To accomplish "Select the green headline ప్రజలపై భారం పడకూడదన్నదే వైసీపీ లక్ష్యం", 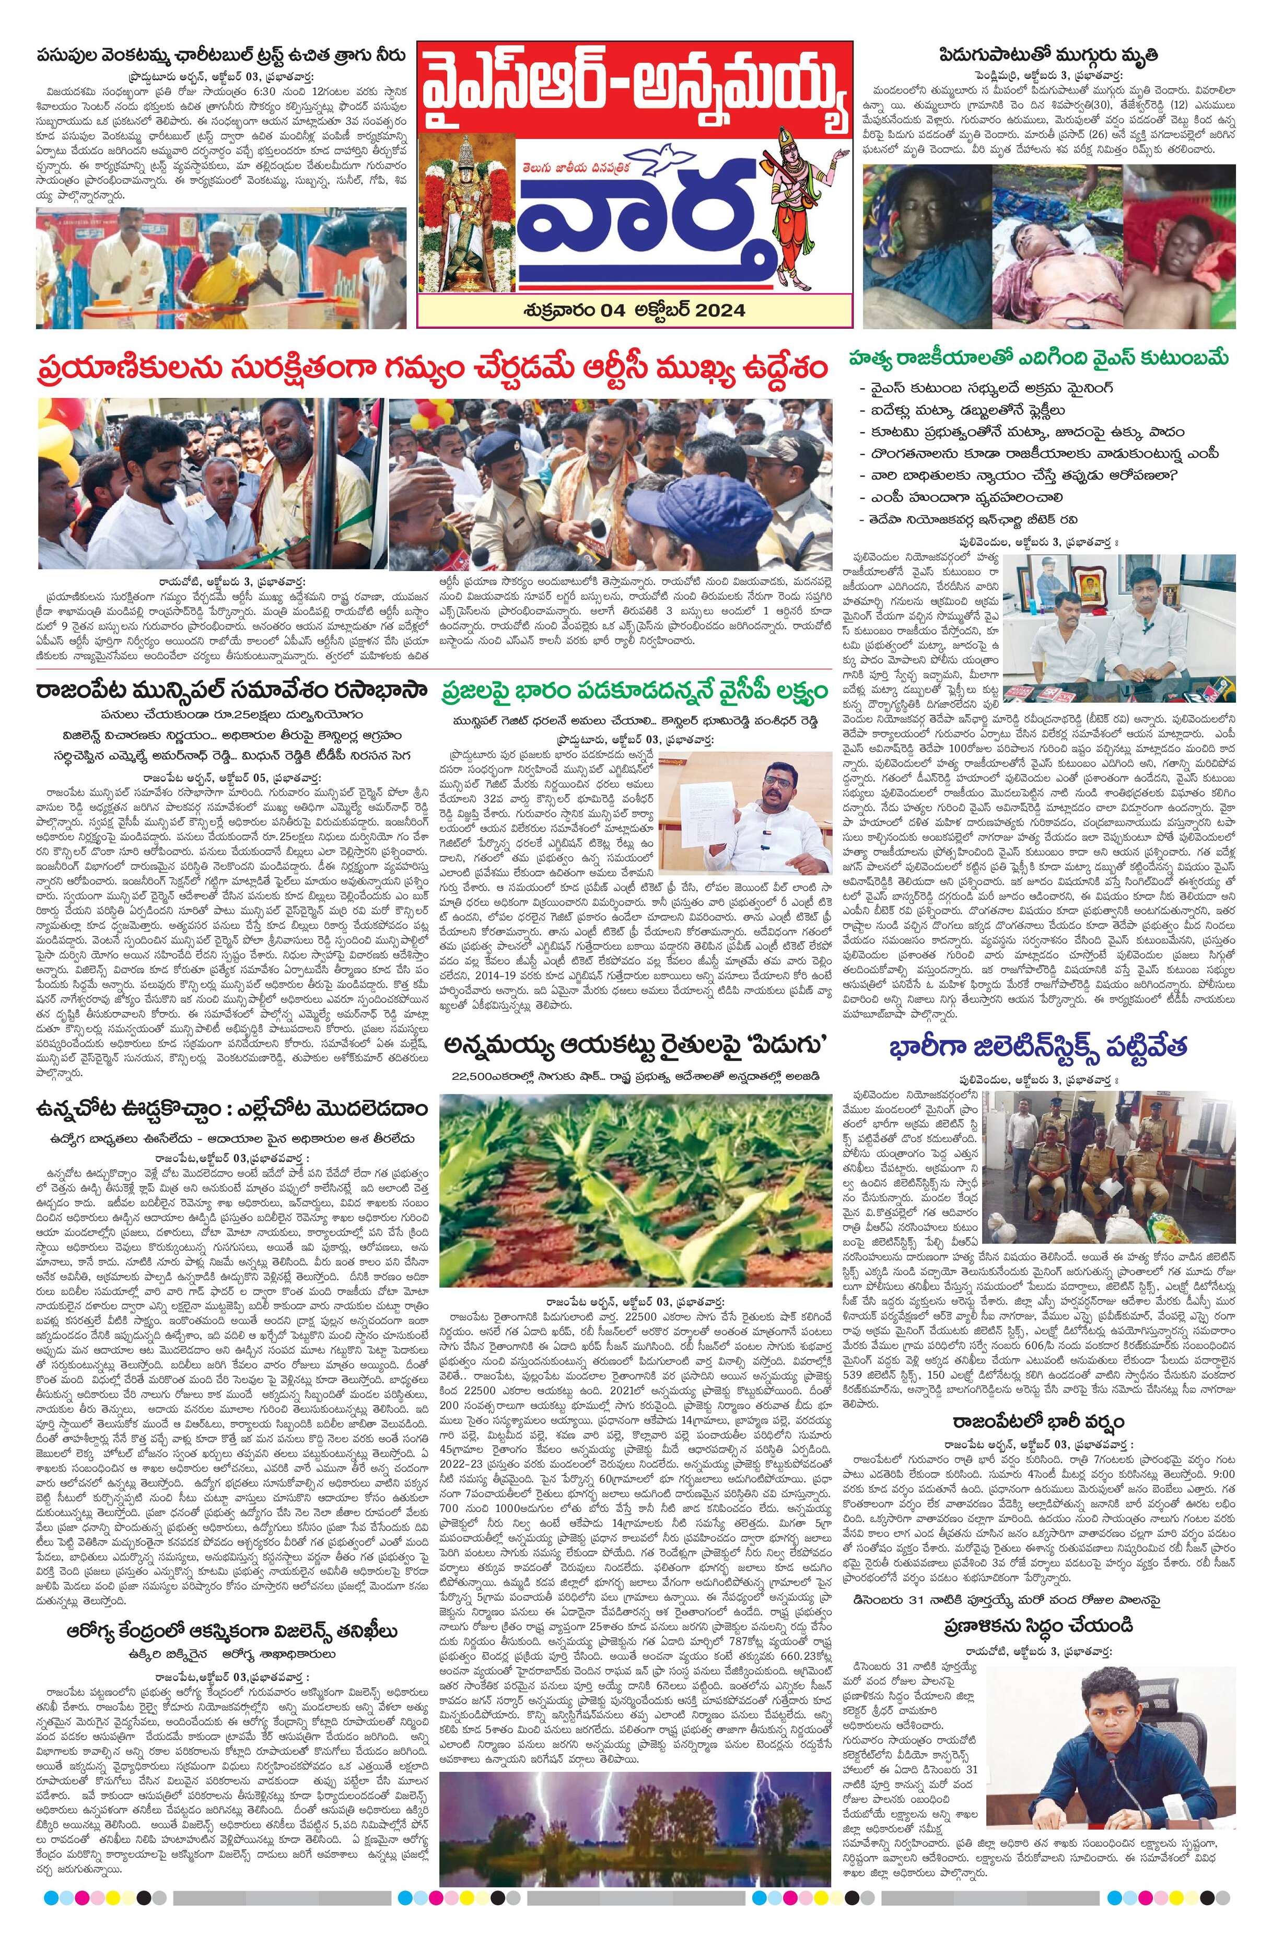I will [634, 693].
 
